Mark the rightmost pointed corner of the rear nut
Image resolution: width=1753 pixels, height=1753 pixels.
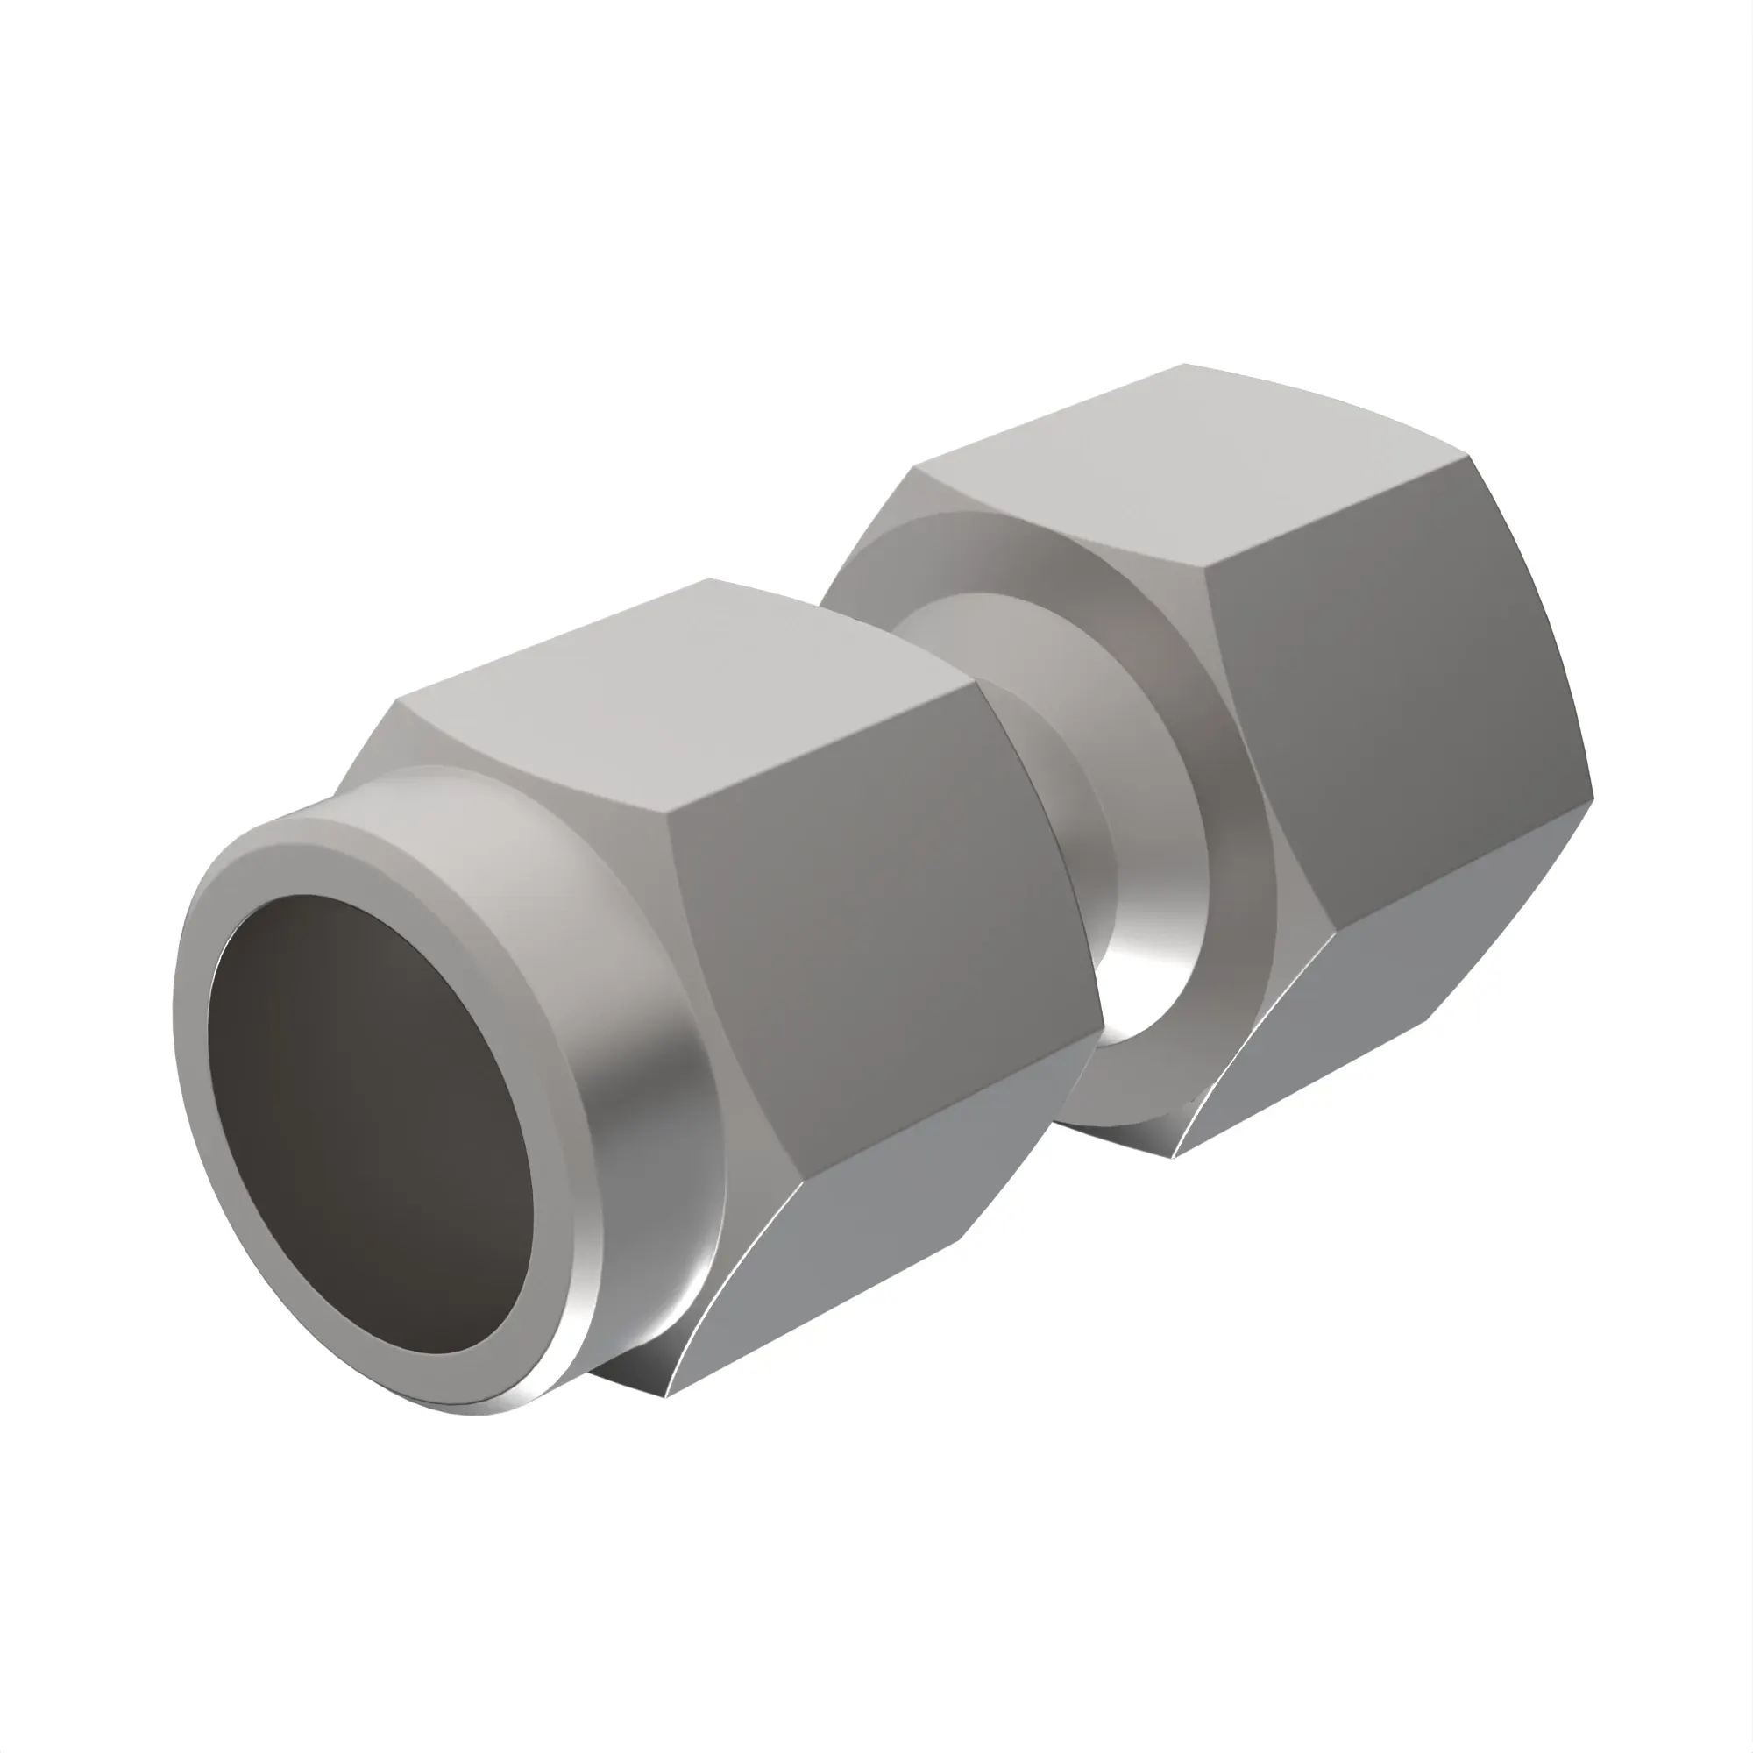[1593, 798]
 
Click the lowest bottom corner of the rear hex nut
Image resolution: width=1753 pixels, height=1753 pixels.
[1172, 1158]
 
